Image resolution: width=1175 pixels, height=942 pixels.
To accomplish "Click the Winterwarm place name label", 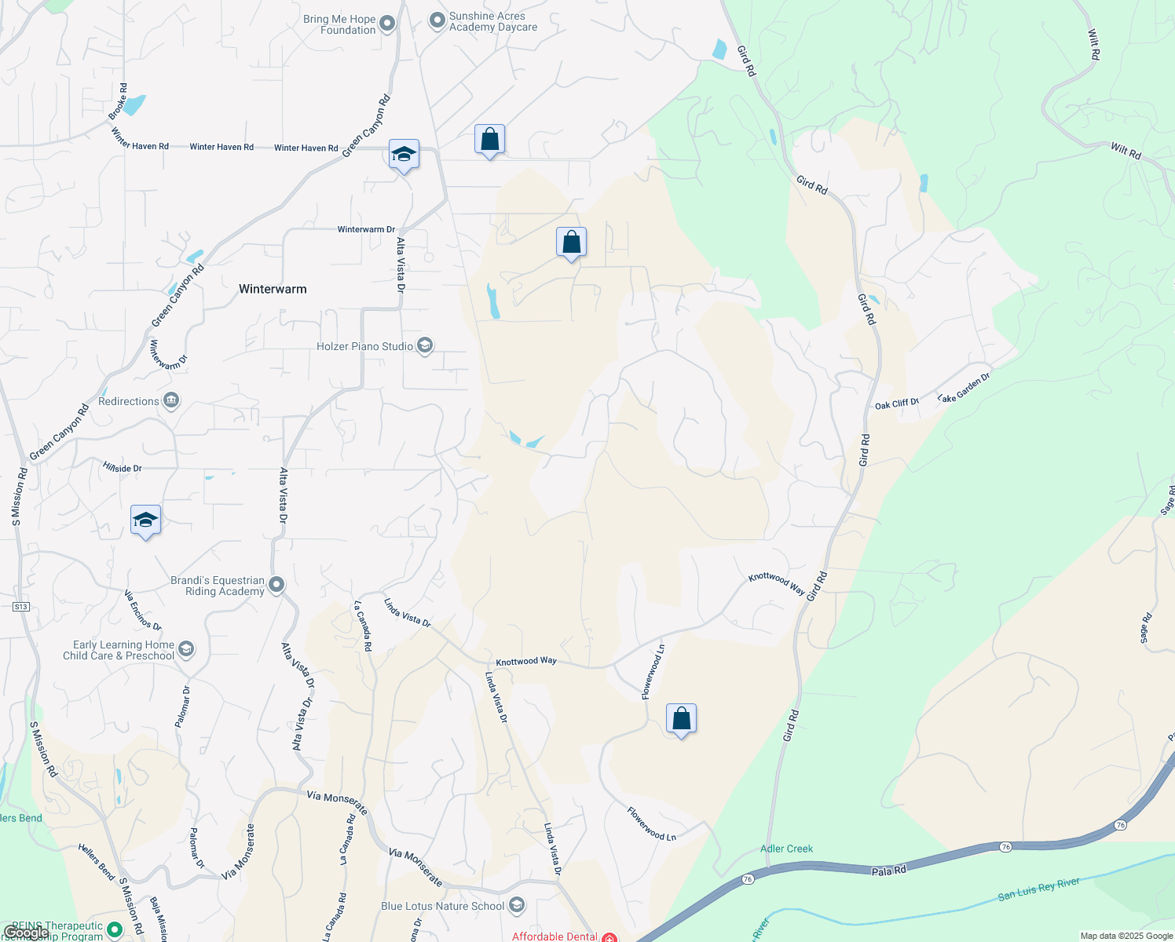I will [273, 289].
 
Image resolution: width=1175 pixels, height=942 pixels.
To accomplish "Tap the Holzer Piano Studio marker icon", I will [425, 346].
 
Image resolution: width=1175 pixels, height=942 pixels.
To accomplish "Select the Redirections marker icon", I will [171, 401].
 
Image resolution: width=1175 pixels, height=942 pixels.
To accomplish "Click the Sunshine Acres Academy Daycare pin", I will [437, 21].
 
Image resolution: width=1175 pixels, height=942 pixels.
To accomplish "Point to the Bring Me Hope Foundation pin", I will [387, 24].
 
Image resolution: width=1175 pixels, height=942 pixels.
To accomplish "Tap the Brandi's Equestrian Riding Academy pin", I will [276, 585].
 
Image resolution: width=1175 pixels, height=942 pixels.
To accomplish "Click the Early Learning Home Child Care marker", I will [186, 649].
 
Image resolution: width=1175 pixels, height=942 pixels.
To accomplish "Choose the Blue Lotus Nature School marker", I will [516, 906].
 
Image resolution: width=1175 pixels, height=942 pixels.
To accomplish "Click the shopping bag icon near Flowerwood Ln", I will [681, 719].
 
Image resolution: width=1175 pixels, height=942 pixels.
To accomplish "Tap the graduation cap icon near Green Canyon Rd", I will [404, 155].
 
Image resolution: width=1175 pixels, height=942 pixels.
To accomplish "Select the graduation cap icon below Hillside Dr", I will [145, 520].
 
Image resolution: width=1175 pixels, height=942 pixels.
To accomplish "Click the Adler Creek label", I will [786, 849].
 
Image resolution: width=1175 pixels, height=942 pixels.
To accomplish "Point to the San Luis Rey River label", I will [1038, 889].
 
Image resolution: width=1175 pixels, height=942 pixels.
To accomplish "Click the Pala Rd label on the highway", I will [888, 871].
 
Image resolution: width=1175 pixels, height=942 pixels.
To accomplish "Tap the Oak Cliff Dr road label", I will [896, 404].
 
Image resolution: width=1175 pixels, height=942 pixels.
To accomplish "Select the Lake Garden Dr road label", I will [964, 389].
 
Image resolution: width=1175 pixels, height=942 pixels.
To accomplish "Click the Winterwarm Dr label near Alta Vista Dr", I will [366, 229].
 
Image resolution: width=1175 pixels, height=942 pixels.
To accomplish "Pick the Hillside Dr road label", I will [122, 468].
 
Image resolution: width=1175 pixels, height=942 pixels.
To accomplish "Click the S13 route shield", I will [20, 607].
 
